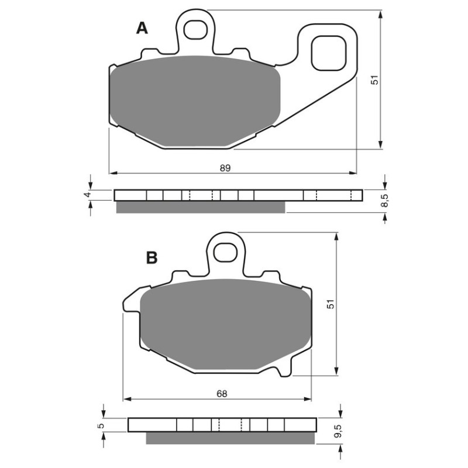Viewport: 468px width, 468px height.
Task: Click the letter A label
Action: coord(142,27)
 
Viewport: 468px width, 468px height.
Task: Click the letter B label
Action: coord(152,257)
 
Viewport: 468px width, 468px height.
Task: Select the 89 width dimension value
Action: coord(225,168)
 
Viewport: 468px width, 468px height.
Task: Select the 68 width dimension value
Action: coord(221,394)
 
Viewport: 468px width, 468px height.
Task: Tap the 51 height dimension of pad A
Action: coord(376,79)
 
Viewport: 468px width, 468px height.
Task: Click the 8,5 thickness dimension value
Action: coord(384,201)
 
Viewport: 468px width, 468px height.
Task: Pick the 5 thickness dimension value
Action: coord(100,426)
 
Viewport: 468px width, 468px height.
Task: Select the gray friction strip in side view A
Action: coord(201,207)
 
